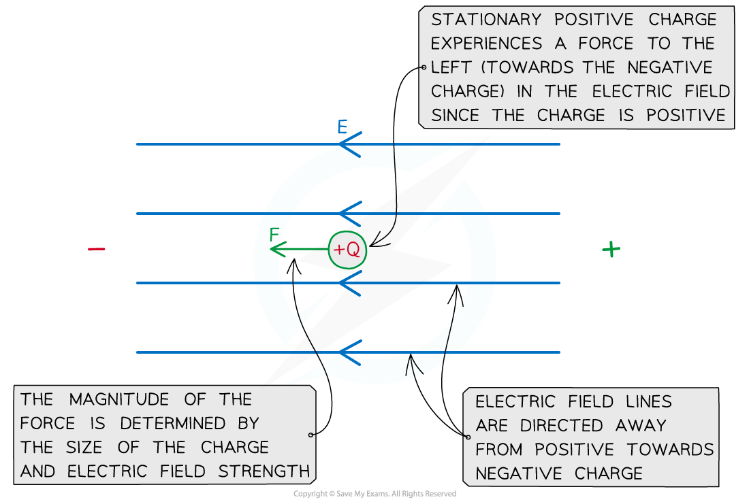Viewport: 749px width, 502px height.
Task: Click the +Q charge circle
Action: (347, 250)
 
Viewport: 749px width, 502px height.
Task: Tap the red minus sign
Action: (97, 249)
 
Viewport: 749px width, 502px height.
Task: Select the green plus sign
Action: (611, 250)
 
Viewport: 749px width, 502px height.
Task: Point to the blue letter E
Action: (343, 127)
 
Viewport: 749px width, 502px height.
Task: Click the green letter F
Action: (275, 235)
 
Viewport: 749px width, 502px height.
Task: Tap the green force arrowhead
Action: (274, 250)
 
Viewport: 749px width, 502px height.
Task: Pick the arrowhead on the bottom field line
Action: (349, 352)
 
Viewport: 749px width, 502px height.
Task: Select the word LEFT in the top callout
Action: (452, 67)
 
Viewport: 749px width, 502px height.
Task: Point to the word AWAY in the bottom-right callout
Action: (640, 425)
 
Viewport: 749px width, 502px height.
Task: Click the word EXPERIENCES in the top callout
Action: (486, 44)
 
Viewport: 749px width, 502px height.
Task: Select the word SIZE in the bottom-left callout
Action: (98, 447)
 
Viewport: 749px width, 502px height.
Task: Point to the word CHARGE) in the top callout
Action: (464, 91)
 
